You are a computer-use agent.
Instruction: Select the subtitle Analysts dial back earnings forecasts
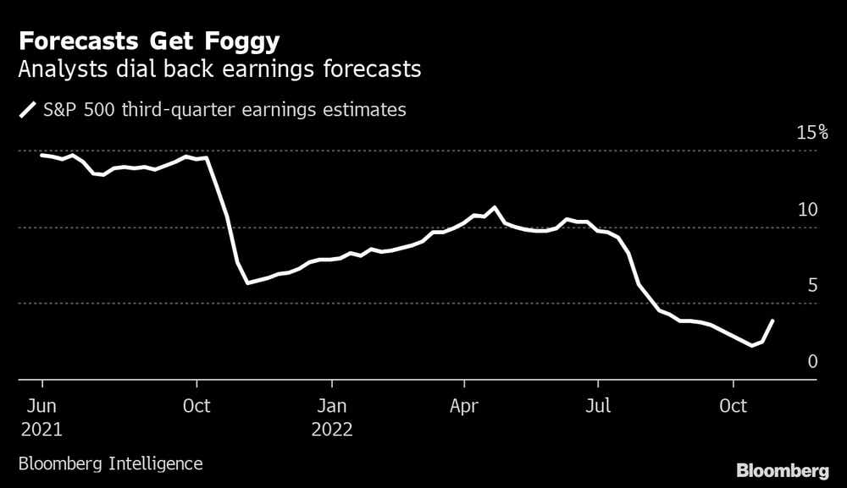[219, 70]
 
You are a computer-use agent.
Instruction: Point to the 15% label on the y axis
[811, 133]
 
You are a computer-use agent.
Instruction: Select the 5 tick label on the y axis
[812, 286]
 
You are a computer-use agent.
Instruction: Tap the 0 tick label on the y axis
[812, 362]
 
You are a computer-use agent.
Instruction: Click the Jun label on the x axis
[42, 406]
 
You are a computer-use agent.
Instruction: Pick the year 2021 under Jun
[42, 429]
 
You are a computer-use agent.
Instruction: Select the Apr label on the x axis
[464, 406]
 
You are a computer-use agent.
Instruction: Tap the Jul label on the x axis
[598, 406]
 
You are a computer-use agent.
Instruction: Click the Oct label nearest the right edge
[734, 406]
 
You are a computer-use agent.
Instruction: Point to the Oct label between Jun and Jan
[197, 406]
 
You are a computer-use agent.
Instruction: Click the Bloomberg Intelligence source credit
[109, 463]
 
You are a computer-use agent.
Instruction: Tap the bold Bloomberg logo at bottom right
[783, 470]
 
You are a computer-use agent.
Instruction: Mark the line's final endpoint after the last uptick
[772, 321]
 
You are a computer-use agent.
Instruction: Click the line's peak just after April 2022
[495, 207]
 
